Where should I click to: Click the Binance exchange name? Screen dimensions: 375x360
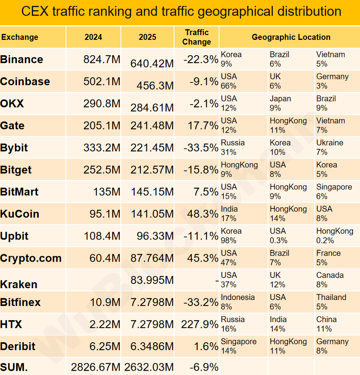22,60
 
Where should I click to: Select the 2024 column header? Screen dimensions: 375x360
93,37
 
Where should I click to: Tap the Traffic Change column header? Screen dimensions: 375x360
197,37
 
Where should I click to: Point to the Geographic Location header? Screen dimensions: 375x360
291,37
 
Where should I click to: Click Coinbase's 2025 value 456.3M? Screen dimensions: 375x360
155,86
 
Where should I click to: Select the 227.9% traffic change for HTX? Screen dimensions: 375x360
200,324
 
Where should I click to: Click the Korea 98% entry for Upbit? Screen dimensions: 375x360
231,236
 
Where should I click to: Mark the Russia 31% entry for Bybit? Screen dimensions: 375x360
233,147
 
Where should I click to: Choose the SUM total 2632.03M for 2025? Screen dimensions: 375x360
149,367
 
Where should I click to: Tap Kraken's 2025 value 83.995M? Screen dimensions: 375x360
152,280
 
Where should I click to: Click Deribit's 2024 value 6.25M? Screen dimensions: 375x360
105,347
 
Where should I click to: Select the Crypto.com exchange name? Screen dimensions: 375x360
31,259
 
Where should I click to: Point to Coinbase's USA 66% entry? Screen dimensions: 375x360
229,81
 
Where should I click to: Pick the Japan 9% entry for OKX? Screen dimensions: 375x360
281,103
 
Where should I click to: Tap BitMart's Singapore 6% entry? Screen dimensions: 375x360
334,191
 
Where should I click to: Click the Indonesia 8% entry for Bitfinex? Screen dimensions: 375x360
238,302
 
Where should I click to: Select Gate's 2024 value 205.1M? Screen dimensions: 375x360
102,126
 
